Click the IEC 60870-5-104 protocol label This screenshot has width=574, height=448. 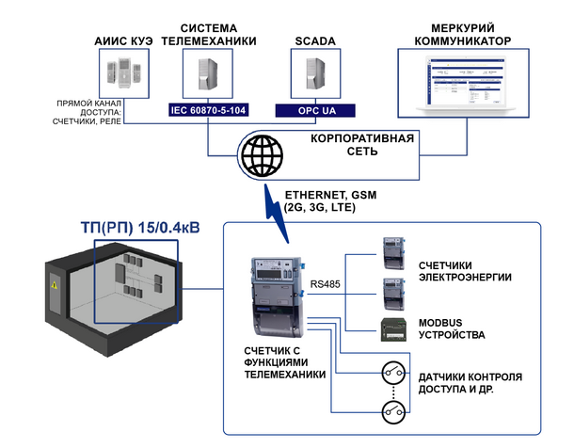point(208,110)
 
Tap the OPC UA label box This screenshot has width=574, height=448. point(315,110)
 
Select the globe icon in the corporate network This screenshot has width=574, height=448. point(263,155)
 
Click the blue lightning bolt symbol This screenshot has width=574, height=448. point(276,214)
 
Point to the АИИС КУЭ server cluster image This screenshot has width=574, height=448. point(123,72)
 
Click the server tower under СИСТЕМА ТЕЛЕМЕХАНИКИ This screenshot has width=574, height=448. point(208,74)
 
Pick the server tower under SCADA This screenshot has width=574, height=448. point(315,74)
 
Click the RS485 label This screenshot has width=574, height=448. point(325,284)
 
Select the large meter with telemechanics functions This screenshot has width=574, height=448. point(277,296)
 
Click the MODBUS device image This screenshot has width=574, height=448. point(393,329)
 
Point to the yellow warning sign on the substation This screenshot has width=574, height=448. point(55,284)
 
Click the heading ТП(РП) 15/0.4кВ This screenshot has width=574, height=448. point(140,228)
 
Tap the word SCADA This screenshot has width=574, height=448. point(315,41)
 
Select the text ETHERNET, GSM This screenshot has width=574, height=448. point(330,195)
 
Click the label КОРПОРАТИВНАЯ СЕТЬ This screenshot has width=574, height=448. point(362,145)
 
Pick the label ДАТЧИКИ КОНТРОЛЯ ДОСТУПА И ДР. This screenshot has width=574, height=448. point(470,383)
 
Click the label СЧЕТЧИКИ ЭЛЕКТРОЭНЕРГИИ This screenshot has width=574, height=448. point(465,271)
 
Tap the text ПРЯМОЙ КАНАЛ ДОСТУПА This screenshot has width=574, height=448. point(88,107)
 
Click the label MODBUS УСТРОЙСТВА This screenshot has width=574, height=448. point(452,328)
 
